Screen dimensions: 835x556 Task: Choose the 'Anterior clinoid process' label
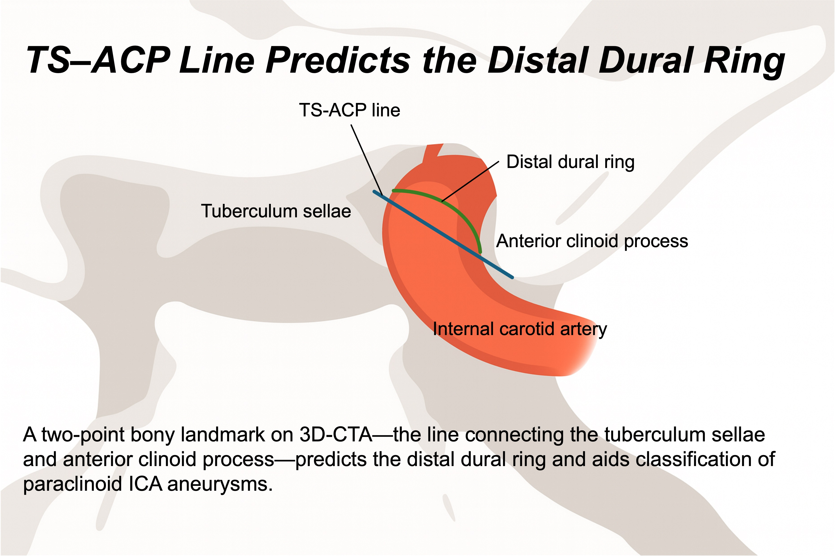592,241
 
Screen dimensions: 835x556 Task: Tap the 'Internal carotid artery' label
520,329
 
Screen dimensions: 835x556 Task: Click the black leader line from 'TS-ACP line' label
367,159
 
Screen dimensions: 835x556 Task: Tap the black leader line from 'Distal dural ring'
470,181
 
